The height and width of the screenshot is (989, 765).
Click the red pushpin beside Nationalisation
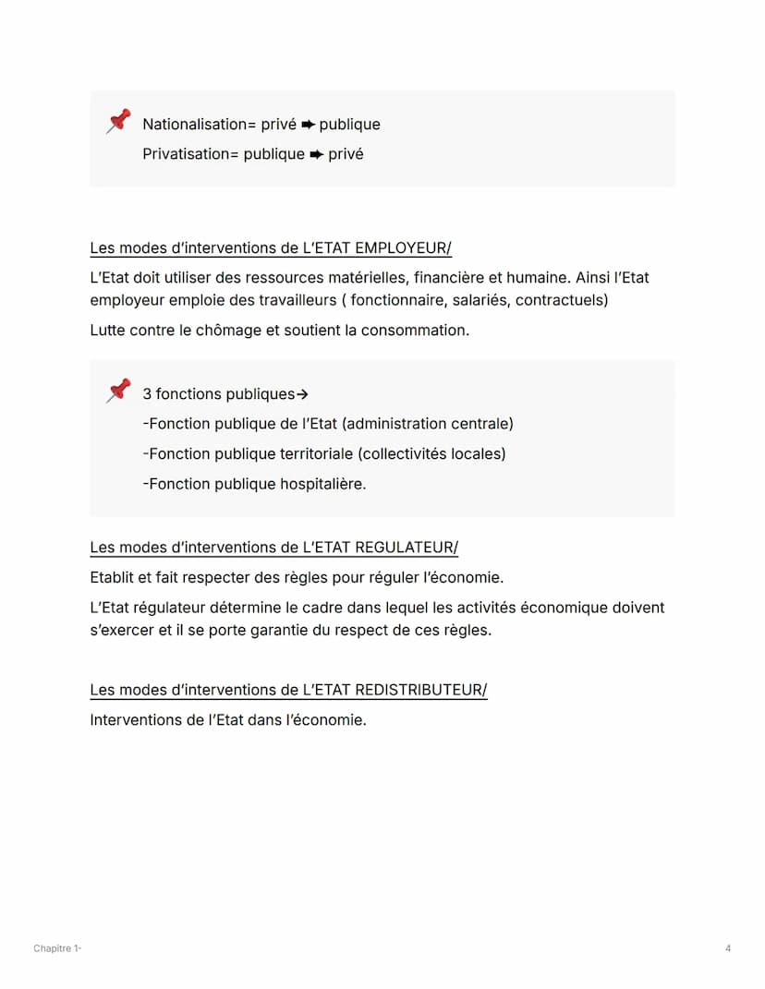pos(118,121)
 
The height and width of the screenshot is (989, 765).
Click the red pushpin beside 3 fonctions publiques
pos(118,391)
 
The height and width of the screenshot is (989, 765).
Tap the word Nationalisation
pos(192,125)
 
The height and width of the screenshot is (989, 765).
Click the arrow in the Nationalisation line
pos(309,125)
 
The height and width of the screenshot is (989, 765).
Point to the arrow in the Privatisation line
pos(317,154)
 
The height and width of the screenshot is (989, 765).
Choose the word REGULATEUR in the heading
pos(405,548)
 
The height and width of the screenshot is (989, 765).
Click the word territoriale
pos(315,454)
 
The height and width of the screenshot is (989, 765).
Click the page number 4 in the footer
pos(728,948)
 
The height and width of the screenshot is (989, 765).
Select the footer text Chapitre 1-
pos(57,948)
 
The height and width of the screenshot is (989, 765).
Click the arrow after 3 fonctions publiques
pos(302,395)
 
